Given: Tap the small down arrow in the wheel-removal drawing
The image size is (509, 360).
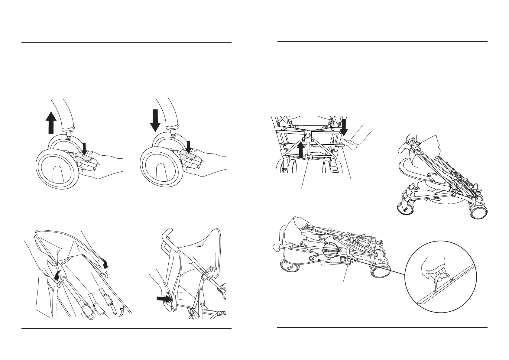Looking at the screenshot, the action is pyautogui.click(x=84, y=148).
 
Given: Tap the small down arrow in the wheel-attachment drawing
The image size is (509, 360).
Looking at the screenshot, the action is pyautogui.click(x=189, y=147).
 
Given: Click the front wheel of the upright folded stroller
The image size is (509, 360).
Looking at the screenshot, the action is pyautogui.click(x=405, y=208).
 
